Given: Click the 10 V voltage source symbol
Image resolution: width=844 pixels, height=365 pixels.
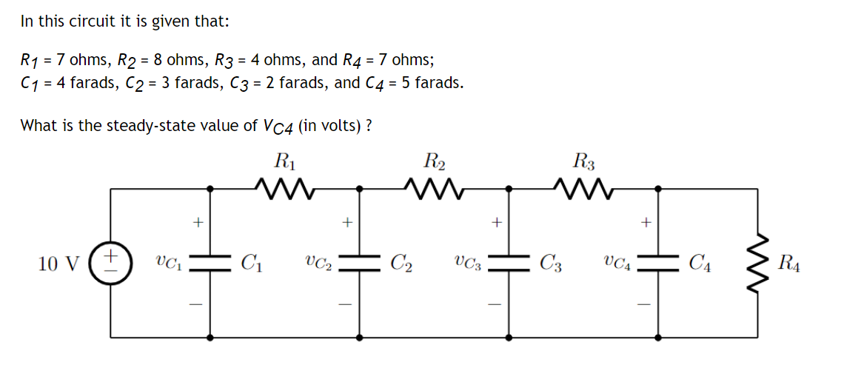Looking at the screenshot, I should pos(110,263).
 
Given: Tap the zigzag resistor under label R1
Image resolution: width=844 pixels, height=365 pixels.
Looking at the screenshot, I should pos(285,189).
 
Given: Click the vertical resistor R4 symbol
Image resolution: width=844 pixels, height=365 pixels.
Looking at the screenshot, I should pos(757,263).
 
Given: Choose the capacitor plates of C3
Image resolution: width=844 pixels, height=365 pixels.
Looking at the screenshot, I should pos(509,263).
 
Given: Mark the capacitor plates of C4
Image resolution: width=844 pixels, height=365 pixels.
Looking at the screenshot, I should pos(657,263).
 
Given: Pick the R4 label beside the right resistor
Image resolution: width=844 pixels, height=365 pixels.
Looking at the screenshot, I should pos(790,263).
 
